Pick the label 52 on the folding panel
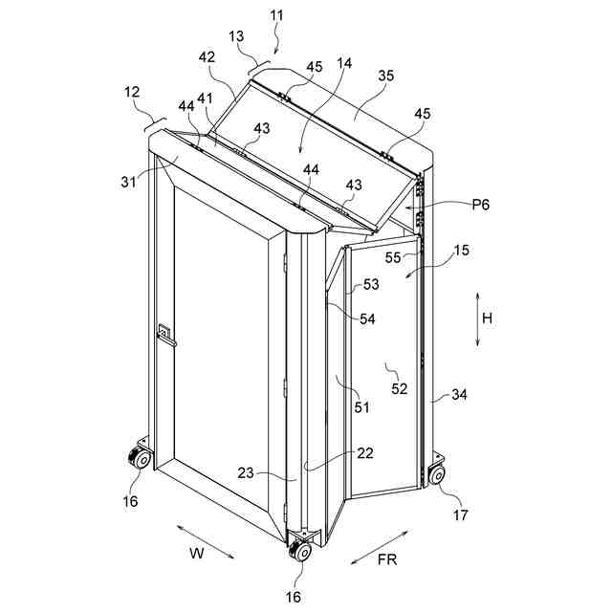[399, 388]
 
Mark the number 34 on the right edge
[459, 394]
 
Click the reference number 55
[393, 257]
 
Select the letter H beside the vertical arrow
[487, 319]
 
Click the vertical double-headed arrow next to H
[476, 319]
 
